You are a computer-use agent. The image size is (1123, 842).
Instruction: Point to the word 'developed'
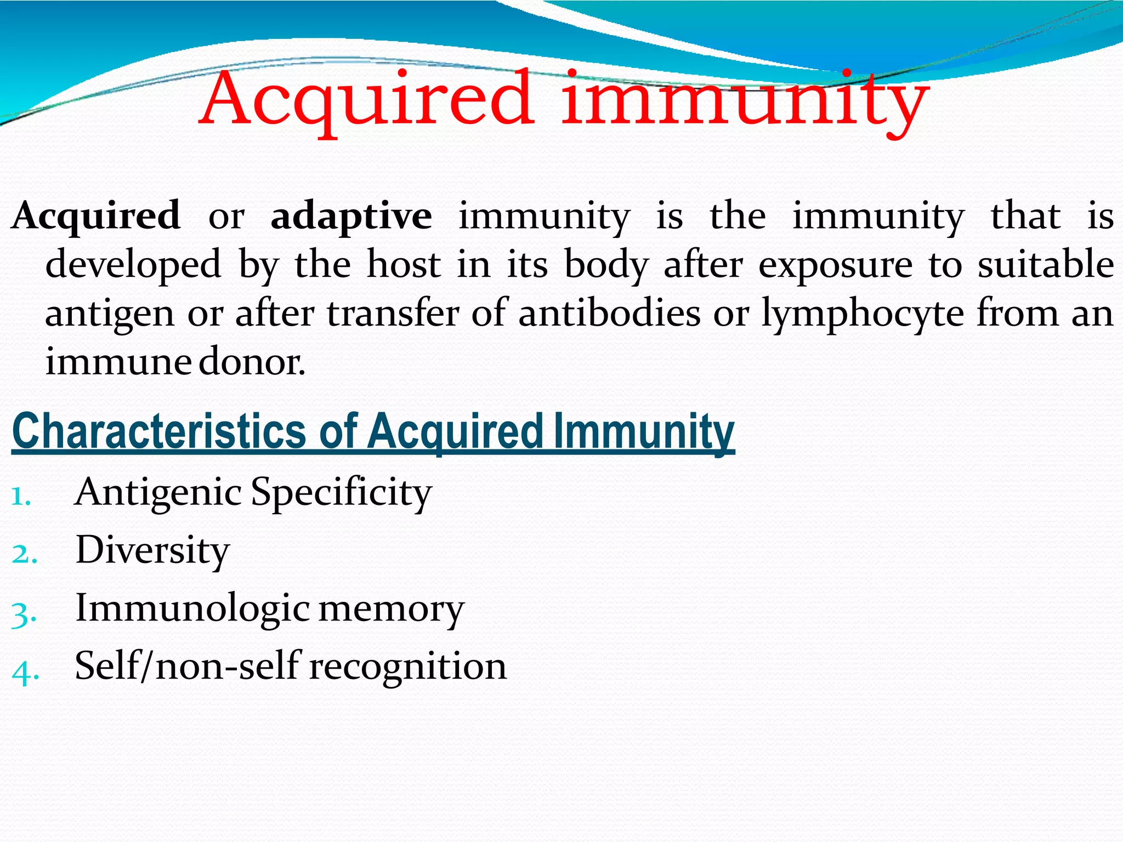pos(133,265)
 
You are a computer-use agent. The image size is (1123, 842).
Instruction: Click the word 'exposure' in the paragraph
pos(835,265)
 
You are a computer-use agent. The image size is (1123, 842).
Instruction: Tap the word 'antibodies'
pos(609,314)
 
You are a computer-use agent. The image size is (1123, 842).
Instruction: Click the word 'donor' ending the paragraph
pos(251,362)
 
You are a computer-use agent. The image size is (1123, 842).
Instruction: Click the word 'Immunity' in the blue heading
pos(644,432)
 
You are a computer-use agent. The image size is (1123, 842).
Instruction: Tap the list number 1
pos(21,497)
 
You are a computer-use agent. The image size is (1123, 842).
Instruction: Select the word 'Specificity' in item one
pos(341,492)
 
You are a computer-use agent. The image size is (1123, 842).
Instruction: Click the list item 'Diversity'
pos(152,550)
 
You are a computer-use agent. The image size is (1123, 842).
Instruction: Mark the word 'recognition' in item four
pos(408,667)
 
